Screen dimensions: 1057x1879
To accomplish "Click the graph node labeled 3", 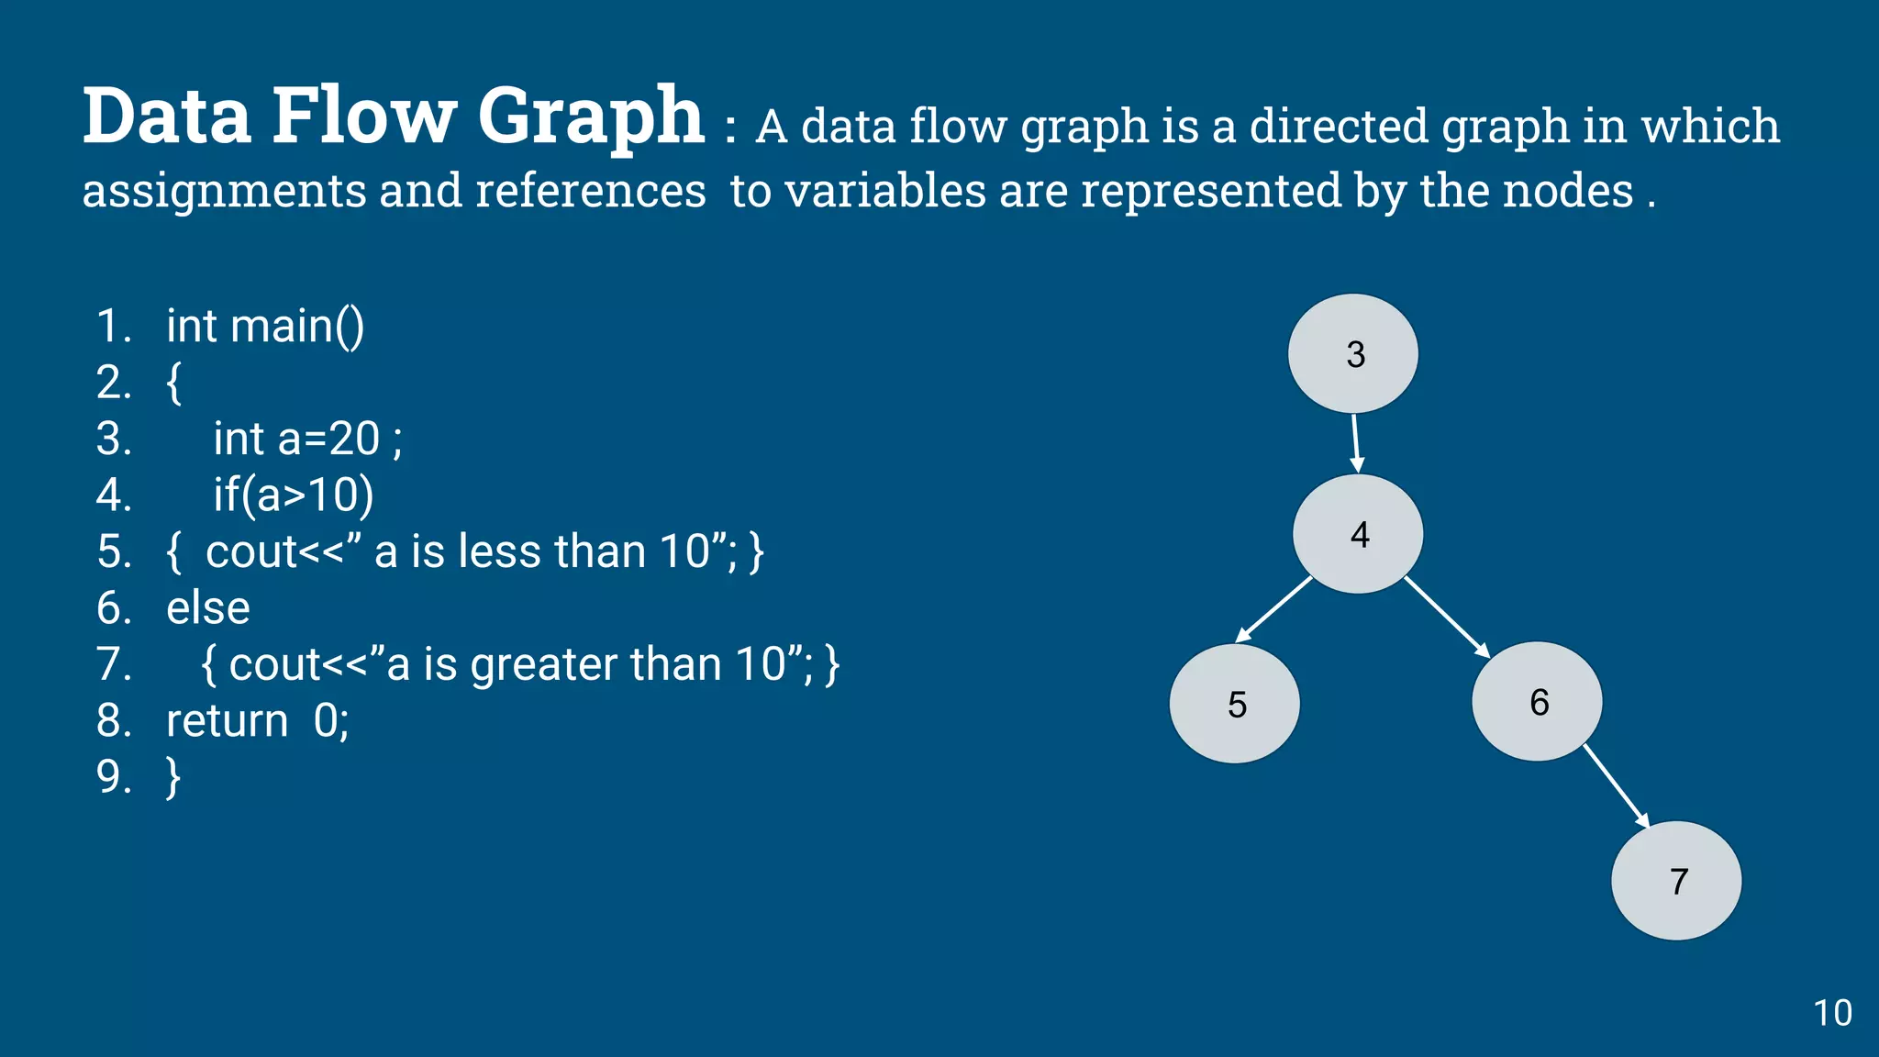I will click(x=1353, y=354).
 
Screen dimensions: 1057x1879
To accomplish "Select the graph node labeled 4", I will click(x=1358, y=534).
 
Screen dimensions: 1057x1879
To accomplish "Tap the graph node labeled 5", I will click(x=1235, y=704).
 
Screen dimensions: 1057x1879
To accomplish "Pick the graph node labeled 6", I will click(x=1538, y=702).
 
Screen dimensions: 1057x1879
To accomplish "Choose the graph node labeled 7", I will click(x=1676, y=881).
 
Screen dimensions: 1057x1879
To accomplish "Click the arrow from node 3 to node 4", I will click(x=1356, y=444).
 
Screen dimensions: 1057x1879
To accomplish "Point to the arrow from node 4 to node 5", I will click(x=1274, y=609).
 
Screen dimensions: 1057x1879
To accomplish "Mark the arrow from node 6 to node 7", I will click(x=1617, y=786).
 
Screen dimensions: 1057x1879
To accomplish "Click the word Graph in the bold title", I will click(x=591, y=117).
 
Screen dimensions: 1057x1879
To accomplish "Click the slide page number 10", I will click(x=1832, y=1013).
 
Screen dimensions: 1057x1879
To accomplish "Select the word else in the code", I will click(x=208, y=608).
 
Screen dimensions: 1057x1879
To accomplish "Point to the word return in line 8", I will click(x=228, y=721).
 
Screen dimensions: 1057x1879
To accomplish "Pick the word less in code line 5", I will click(x=499, y=552).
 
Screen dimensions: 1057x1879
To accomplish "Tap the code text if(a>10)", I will click(x=294, y=495).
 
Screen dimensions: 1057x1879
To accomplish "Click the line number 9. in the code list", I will click(x=115, y=777).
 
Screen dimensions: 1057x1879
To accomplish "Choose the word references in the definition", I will click(x=591, y=191).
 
